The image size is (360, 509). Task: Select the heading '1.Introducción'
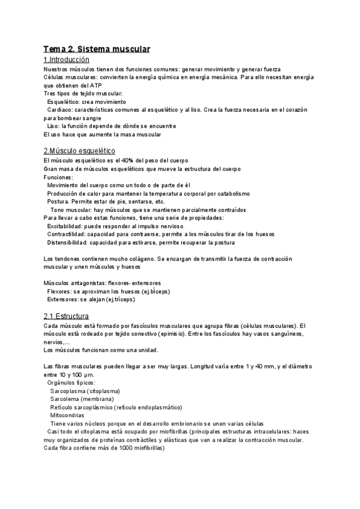click(67, 60)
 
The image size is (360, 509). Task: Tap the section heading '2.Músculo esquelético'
click(79, 151)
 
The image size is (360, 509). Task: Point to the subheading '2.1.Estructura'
click(66, 316)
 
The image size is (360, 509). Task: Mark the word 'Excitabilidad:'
click(68, 226)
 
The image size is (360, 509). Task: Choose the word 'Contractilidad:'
click(69, 234)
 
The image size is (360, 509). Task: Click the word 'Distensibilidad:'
click(70, 242)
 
